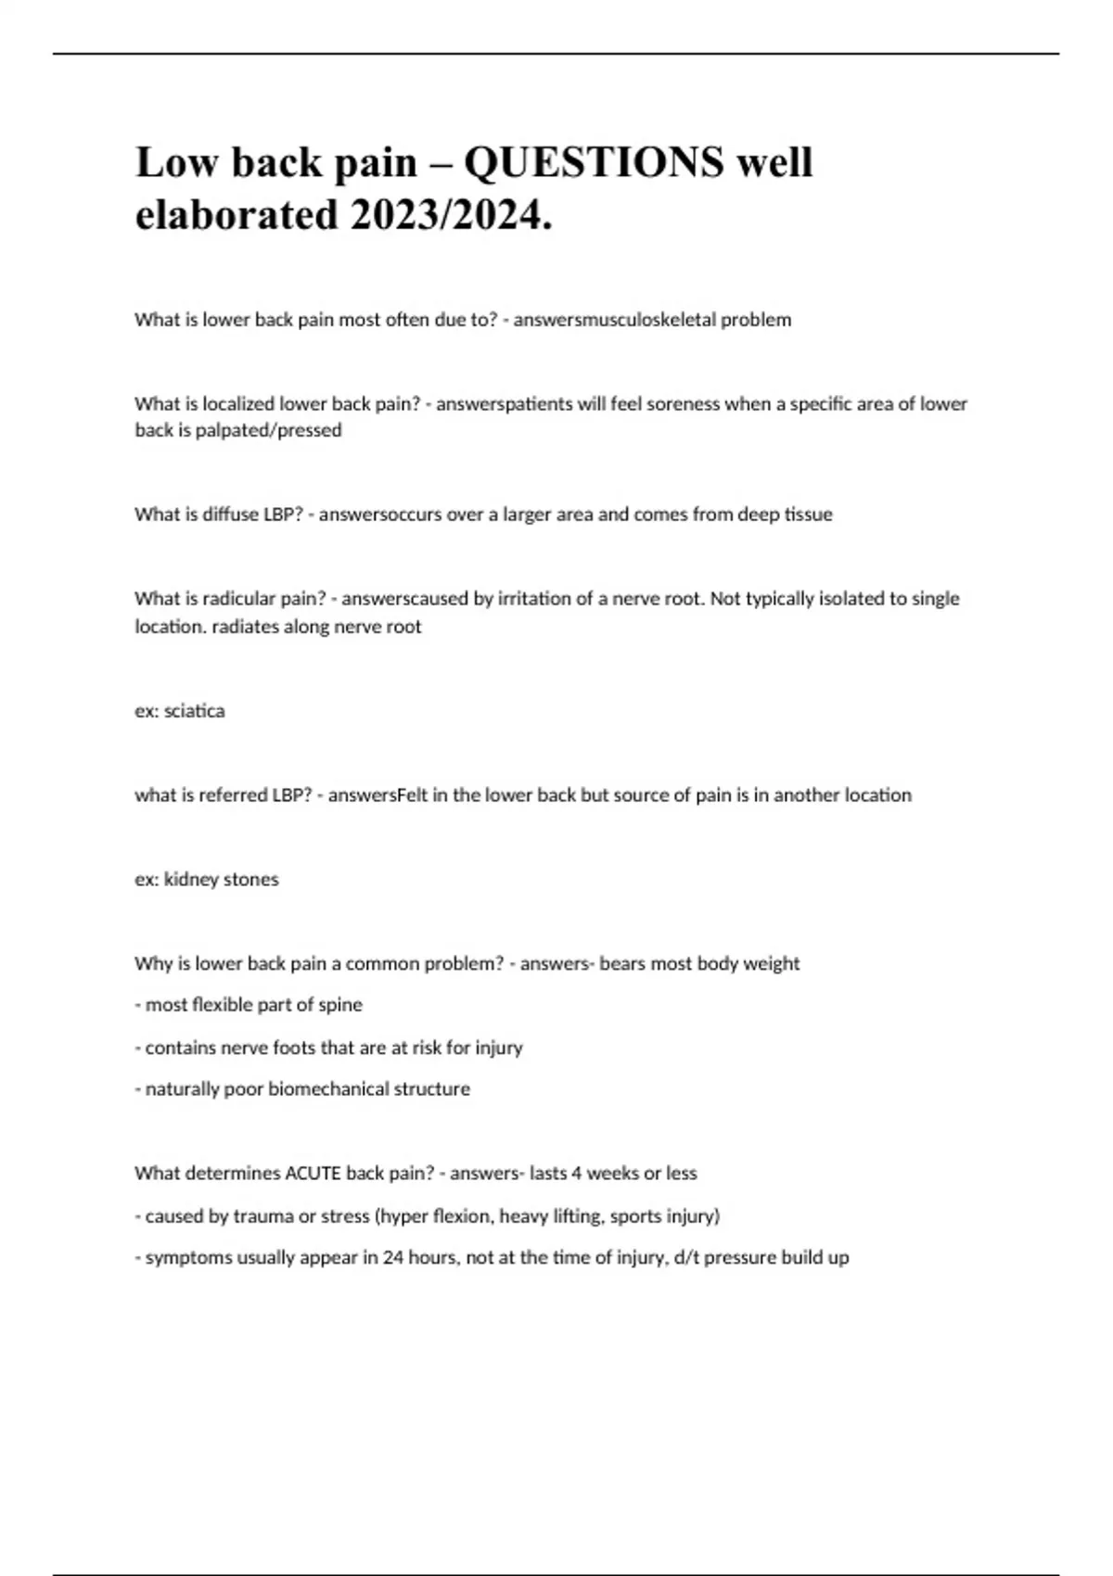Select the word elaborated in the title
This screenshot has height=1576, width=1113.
[237, 215]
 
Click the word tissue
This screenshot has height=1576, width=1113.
[808, 515]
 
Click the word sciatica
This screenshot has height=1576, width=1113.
[194, 711]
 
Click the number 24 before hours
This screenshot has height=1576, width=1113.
[393, 1258]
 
